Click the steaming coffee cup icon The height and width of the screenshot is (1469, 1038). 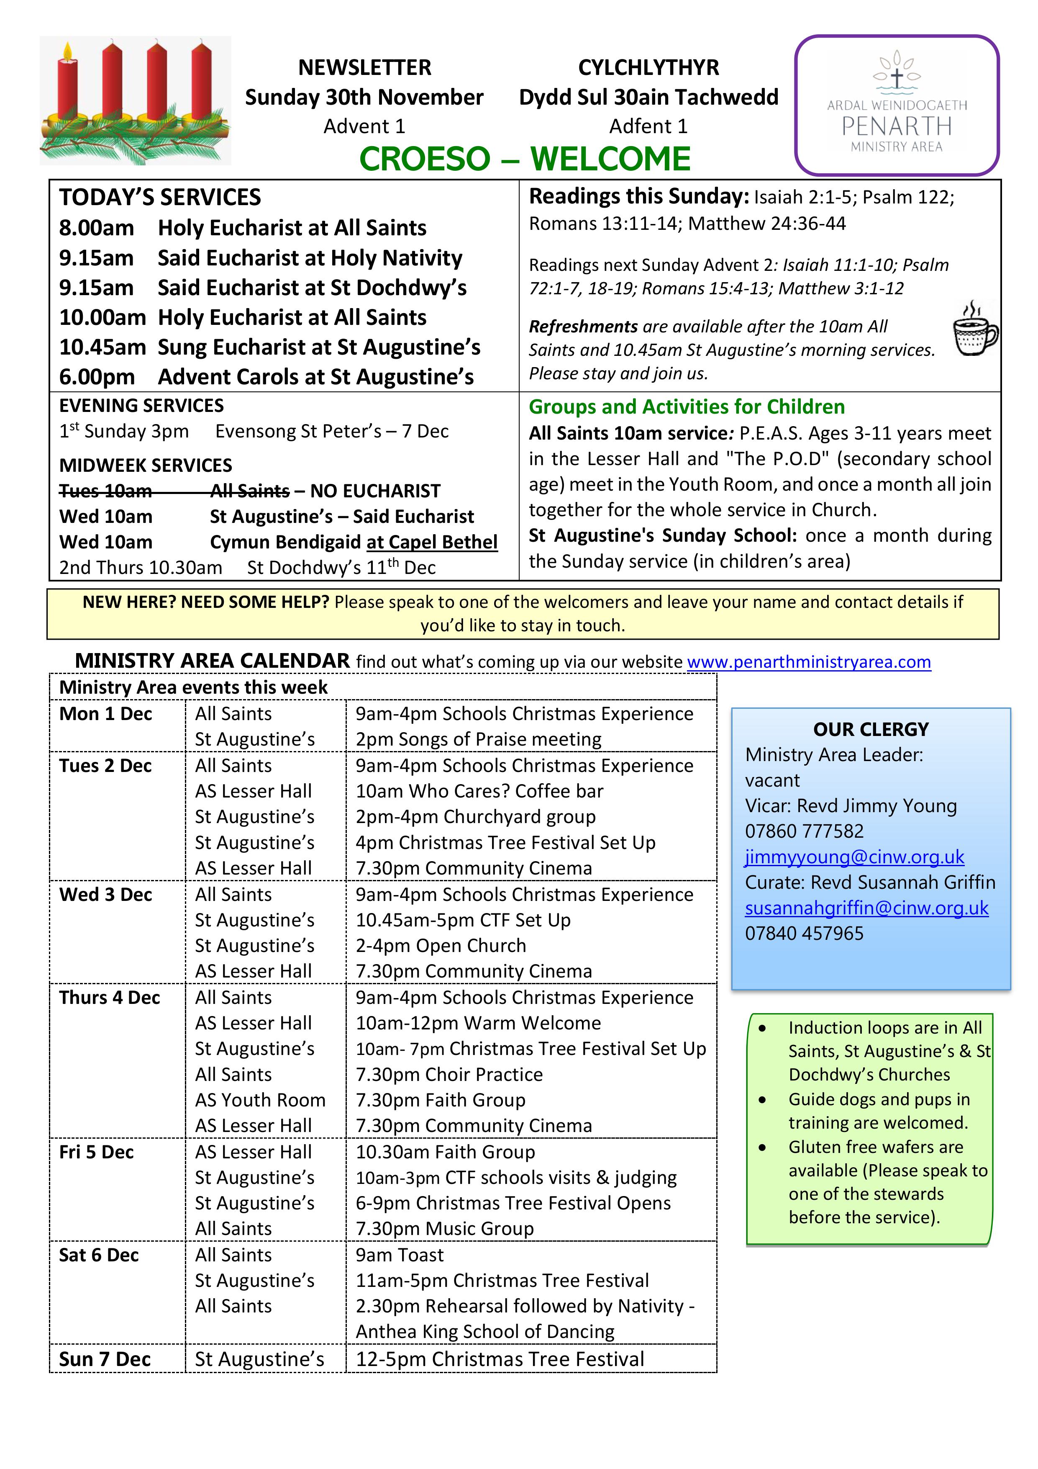pyautogui.click(x=975, y=330)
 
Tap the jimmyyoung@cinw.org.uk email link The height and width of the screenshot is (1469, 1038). pyautogui.click(x=854, y=857)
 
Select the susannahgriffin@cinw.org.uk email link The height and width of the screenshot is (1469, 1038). pyautogui.click(x=866, y=908)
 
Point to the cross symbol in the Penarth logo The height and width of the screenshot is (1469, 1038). pyautogui.click(x=897, y=78)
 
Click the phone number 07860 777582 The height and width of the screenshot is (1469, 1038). pyautogui.click(x=804, y=831)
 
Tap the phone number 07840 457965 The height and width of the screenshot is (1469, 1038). pyautogui.click(x=804, y=934)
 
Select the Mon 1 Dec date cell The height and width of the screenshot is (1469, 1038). pyautogui.click(x=105, y=714)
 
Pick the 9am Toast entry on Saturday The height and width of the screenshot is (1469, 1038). pyautogui.click(x=400, y=1255)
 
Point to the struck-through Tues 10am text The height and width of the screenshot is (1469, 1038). pyautogui.click(x=105, y=491)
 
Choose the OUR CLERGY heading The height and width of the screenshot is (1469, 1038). pyautogui.click(x=870, y=729)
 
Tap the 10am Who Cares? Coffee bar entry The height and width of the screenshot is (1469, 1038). pyautogui.click(x=479, y=792)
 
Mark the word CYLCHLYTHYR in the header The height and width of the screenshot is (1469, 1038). pyautogui.click(x=648, y=67)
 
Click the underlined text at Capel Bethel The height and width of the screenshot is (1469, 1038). pyautogui.click(x=432, y=543)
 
